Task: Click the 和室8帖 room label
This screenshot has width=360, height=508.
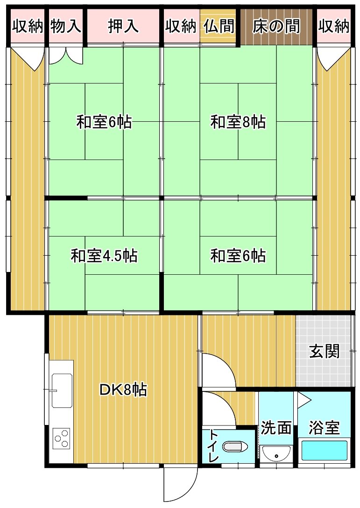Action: [238, 122]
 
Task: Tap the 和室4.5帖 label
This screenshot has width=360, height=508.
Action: [104, 256]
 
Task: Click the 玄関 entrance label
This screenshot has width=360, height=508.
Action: [324, 351]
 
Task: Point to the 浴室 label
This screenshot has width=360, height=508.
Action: [324, 427]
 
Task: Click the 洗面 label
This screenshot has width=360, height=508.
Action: [276, 427]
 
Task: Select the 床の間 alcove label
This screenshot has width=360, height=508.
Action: [276, 26]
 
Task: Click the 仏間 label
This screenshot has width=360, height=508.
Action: [219, 26]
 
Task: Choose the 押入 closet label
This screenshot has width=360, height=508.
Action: [123, 26]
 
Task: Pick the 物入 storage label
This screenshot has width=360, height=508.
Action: [66, 26]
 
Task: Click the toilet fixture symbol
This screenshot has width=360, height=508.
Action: [233, 447]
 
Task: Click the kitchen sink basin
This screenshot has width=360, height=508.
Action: [62, 391]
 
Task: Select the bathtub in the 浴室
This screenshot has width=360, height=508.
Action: [325, 450]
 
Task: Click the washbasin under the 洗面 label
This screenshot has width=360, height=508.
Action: [276, 453]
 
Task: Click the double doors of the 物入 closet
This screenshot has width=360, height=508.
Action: [66, 55]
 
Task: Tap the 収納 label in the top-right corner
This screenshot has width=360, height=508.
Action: [334, 26]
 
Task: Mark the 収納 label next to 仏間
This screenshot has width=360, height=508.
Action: [181, 26]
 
